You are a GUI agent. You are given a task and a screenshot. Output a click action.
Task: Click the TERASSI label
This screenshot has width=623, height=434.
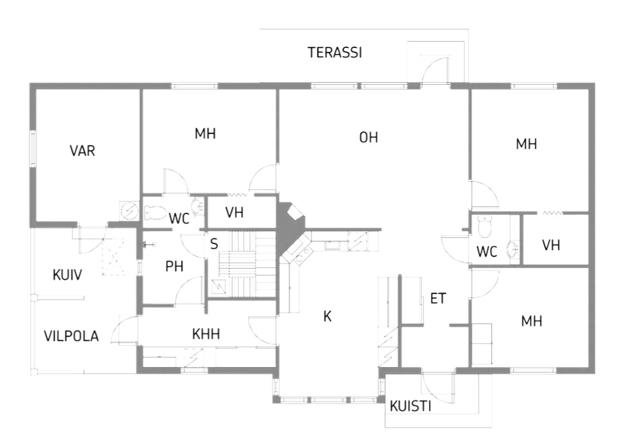(x=335, y=53)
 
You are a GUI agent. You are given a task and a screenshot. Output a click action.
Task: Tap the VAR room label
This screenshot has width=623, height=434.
(x=82, y=150)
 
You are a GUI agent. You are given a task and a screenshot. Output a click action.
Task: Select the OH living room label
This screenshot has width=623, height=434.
(x=368, y=137)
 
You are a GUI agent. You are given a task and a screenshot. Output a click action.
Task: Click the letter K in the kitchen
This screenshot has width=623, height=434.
(x=327, y=316)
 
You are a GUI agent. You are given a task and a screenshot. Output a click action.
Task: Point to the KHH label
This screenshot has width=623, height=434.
(x=206, y=334)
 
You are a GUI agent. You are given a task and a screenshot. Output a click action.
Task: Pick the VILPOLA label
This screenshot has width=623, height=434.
(x=71, y=336)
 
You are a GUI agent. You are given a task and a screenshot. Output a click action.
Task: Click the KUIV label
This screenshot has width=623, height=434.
(x=67, y=275)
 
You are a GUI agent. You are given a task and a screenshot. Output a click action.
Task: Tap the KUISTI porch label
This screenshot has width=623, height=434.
(x=411, y=406)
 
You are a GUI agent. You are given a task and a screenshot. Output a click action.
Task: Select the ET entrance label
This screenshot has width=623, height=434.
(x=439, y=299)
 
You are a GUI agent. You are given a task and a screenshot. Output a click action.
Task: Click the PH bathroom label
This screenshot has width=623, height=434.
(x=174, y=267)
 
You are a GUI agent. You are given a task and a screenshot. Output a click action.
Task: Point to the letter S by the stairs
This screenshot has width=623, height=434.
(x=214, y=244)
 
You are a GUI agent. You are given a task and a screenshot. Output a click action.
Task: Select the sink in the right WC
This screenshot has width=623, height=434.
(x=512, y=250)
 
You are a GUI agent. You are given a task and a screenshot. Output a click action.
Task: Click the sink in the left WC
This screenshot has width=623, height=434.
(x=197, y=206)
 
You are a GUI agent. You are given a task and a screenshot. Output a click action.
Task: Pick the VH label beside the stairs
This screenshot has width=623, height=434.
(x=234, y=213)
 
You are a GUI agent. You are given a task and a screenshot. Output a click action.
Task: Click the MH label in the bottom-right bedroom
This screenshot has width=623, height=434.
(x=531, y=321)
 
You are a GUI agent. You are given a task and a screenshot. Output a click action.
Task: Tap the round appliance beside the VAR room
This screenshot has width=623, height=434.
(x=129, y=211)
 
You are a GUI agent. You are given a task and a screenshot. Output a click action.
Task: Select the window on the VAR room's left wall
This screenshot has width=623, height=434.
(x=33, y=148)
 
